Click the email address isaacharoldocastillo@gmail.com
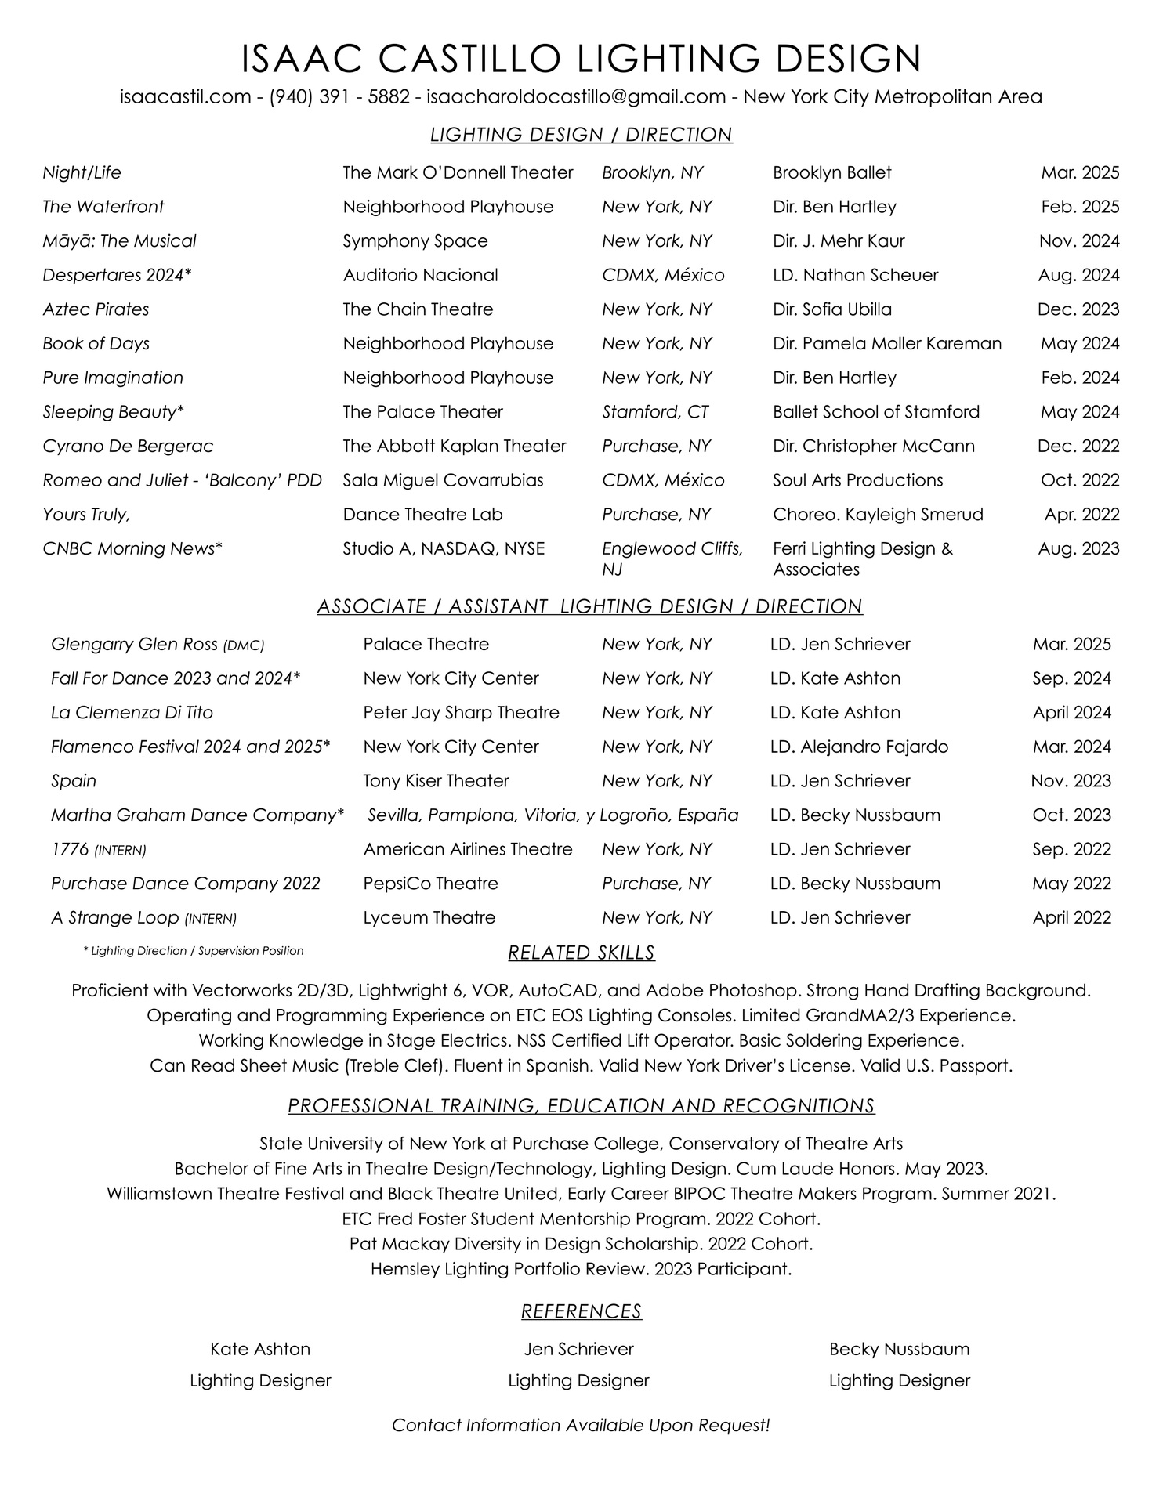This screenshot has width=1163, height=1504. tap(576, 97)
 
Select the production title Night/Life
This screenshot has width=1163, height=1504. tap(82, 172)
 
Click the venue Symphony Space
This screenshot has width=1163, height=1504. tap(415, 241)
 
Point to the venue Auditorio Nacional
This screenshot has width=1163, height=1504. tap(420, 275)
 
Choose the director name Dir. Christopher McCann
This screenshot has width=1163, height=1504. tap(874, 446)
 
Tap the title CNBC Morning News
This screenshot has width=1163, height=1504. tap(129, 549)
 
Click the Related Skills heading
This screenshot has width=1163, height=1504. tap(581, 953)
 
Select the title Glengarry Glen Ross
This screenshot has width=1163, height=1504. tap(134, 645)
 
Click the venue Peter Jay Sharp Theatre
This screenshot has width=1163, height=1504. tap(461, 713)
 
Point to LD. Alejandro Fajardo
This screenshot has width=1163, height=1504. tap(859, 747)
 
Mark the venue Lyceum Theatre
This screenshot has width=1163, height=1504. tap(429, 918)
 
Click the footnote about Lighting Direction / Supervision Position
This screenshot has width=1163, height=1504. tap(193, 951)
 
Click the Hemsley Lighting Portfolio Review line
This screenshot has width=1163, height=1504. tap(581, 1269)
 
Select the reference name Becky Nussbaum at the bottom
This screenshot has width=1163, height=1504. tap(899, 1350)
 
